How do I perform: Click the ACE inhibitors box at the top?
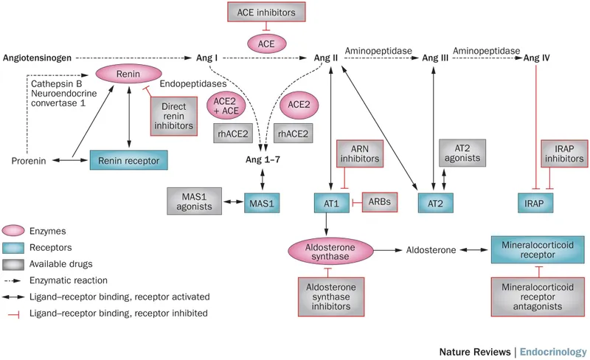click(x=266, y=13)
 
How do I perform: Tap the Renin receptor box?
click(x=125, y=159)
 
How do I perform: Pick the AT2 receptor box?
click(x=435, y=201)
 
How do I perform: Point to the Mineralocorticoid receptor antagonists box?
click(x=538, y=298)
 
